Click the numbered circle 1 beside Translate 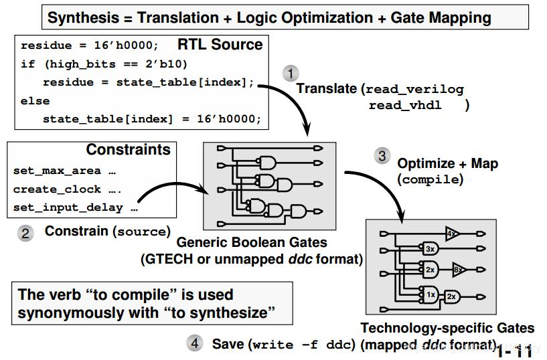tap(291, 72)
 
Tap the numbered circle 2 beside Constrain tap(25, 233)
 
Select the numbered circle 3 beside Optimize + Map tap(382, 155)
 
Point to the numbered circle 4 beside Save tap(194, 343)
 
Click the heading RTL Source tap(220, 45)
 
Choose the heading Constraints tap(129, 149)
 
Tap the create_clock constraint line tap(68, 189)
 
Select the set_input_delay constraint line tap(75, 207)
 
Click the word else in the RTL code tap(35, 101)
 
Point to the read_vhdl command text tap(405, 105)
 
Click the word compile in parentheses tap(430, 179)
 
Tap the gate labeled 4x tap(452, 234)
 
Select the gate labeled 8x tap(458, 271)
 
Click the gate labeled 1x tap(431, 294)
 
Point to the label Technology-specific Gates tap(447, 328)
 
